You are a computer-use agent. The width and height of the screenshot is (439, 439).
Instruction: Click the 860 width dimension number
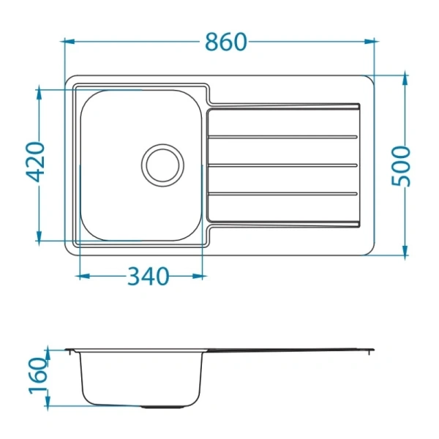226,42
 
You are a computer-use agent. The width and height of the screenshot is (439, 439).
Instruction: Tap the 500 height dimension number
400,166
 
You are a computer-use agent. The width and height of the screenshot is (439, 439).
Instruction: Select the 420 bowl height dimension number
35,162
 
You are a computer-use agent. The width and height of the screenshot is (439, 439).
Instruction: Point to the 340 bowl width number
149,276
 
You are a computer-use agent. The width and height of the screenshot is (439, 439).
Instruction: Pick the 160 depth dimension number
38,376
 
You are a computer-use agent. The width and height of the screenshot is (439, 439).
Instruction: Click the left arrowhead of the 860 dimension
68,42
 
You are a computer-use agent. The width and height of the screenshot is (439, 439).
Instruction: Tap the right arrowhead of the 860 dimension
371,42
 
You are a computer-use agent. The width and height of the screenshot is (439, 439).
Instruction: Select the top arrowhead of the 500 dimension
405,80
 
